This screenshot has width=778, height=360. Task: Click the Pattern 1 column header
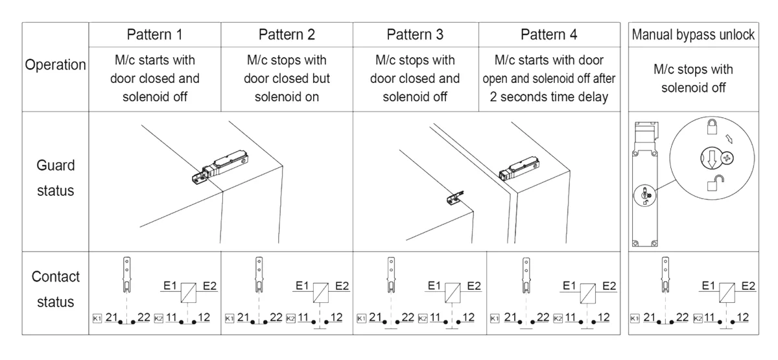(x=154, y=34)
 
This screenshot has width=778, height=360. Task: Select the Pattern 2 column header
(x=287, y=34)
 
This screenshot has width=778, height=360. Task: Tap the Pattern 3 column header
(x=415, y=34)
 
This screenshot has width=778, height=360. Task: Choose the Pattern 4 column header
(x=548, y=34)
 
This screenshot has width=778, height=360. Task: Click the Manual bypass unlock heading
(x=693, y=34)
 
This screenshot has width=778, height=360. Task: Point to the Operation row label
(x=56, y=65)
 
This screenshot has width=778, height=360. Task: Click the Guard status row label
(x=56, y=178)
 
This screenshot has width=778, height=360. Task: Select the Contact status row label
(x=56, y=289)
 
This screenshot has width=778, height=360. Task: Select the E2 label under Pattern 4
(x=606, y=285)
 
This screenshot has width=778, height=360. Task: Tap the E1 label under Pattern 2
(x=302, y=285)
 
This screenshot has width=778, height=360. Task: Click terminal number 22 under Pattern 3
(x=408, y=318)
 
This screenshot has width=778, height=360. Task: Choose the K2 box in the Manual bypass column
(x=698, y=318)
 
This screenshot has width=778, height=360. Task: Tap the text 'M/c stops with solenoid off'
(x=693, y=78)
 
